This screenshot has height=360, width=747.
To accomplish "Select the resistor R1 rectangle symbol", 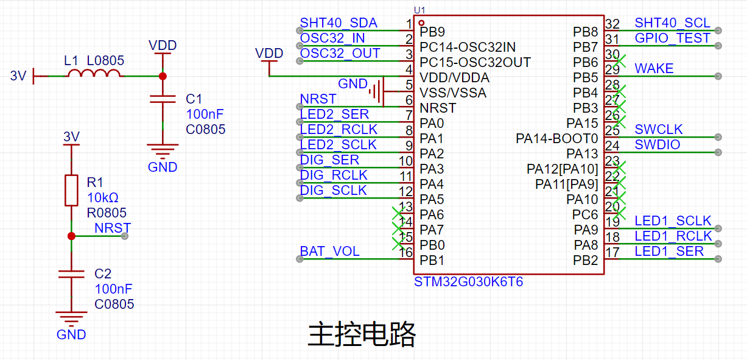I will pyautogui.click(x=72, y=190).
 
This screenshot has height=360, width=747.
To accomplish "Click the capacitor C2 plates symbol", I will pyautogui.click(x=71, y=275).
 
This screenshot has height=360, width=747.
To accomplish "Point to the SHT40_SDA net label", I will pyautogui.click(x=338, y=23).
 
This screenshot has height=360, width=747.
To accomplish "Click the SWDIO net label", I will pyautogui.click(x=658, y=145).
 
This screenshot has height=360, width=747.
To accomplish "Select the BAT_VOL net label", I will pyautogui.click(x=329, y=252).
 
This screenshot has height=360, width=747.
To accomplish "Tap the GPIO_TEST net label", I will pyautogui.click(x=672, y=38).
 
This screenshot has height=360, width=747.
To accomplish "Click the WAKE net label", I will pyautogui.click(x=654, y=69).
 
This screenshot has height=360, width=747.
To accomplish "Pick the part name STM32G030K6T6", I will pyautogui.click(x=468, y=283).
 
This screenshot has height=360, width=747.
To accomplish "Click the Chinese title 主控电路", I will pyautogui.click(x=362, y=334).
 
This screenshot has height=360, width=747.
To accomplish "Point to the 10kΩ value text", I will pyautogui.click(x=102, y=198).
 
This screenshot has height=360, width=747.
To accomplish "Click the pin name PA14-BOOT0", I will pyautogui.click(x=556, y=139).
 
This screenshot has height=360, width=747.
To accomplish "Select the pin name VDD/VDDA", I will pyautogui.click(x=454, y=78).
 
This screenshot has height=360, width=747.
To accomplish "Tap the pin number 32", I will pyautogui.click(x=612, y=24).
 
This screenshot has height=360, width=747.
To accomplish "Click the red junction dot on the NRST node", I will pyautogui.click(x=71, y=236).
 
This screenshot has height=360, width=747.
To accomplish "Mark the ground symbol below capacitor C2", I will pyautogui.click(x=71, y=317).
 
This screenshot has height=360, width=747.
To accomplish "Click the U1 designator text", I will pyautogui.click(x=419, y=10).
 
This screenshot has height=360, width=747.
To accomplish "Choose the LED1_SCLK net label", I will pyautogui.click(x=673, y=221).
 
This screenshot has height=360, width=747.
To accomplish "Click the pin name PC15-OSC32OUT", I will pyautogui.click(x=475, y=63).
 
